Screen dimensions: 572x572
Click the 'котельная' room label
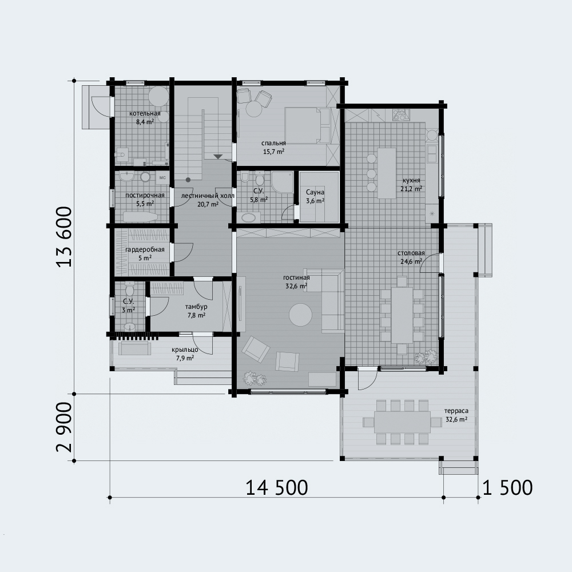tap(145, 113)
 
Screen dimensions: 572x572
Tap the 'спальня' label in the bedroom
tap(273, 144)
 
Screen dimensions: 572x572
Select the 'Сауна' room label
tap(315, 192)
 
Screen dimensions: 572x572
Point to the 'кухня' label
tap(411, 180)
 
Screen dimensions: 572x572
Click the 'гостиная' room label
tap(296, 278)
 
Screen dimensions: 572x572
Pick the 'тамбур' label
tap(196, 307)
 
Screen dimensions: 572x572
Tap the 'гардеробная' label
tap(145, 250)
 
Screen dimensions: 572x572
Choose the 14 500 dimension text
tap(277, 488)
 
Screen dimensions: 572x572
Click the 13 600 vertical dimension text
tap(64, 237)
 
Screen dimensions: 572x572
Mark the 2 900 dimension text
tap(64, 427)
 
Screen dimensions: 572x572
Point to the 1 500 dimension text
tap(507, 488)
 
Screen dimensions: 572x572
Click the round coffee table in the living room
tap(301, 315)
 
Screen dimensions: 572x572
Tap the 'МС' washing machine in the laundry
tap(162, 178)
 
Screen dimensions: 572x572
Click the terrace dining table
tap(402, 422)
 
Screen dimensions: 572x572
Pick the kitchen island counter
tap(387, 173)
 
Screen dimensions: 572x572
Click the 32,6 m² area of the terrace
tap(456, 419)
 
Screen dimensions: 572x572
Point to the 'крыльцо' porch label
tap(185, 350)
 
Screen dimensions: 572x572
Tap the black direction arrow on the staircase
tap(218, 157)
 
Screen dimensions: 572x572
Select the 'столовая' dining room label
tap(411, 253)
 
